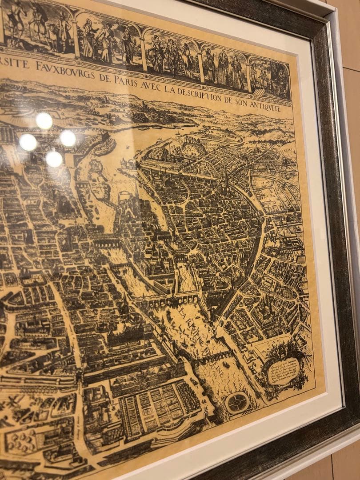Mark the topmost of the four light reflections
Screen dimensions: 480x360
pyautogui.click(x=44, y=121)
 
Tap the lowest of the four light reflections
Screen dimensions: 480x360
pyautogui.click(x=54, y=159)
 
